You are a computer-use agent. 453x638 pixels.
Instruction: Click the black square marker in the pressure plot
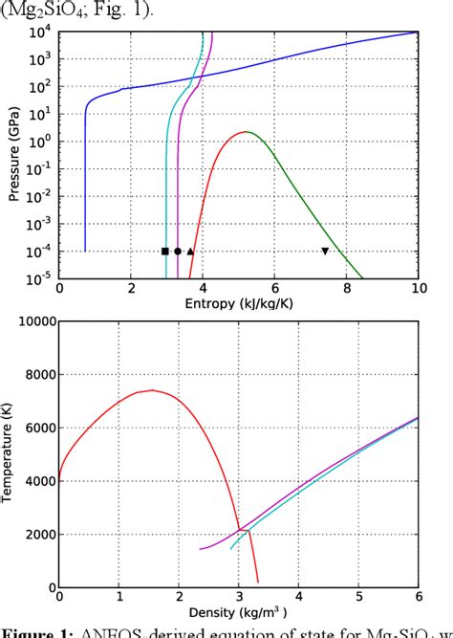[x=165, y=252]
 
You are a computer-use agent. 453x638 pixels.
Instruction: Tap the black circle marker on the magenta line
[x=178, y=252]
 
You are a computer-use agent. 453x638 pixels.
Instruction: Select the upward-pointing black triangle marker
[x=190, y=252]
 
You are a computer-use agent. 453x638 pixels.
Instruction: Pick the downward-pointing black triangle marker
[x=325, y=252]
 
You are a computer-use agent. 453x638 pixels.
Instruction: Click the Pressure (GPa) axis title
[x=13, y=156]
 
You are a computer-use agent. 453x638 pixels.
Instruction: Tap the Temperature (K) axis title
[x=9, y=453]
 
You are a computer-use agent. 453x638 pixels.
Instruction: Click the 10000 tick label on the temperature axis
[x=33, y=321]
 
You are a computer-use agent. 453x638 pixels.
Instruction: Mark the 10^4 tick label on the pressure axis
[x=42, y=33]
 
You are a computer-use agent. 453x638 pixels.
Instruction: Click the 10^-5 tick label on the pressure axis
[x=40, y=279]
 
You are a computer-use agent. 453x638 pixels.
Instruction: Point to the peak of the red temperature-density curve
[x=151, y=390]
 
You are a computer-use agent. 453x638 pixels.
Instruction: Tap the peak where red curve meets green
[x=247, y=131]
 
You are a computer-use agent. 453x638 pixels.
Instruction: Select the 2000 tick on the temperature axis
[x=36, y=534]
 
